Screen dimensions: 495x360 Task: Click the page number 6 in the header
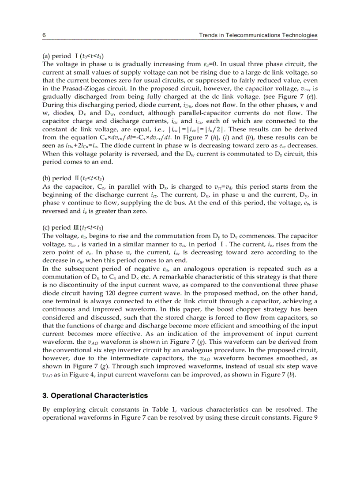44,35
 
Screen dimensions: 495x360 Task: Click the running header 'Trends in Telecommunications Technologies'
258,35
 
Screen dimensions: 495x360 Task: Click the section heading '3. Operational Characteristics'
95,395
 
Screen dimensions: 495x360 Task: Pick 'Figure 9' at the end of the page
304,417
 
